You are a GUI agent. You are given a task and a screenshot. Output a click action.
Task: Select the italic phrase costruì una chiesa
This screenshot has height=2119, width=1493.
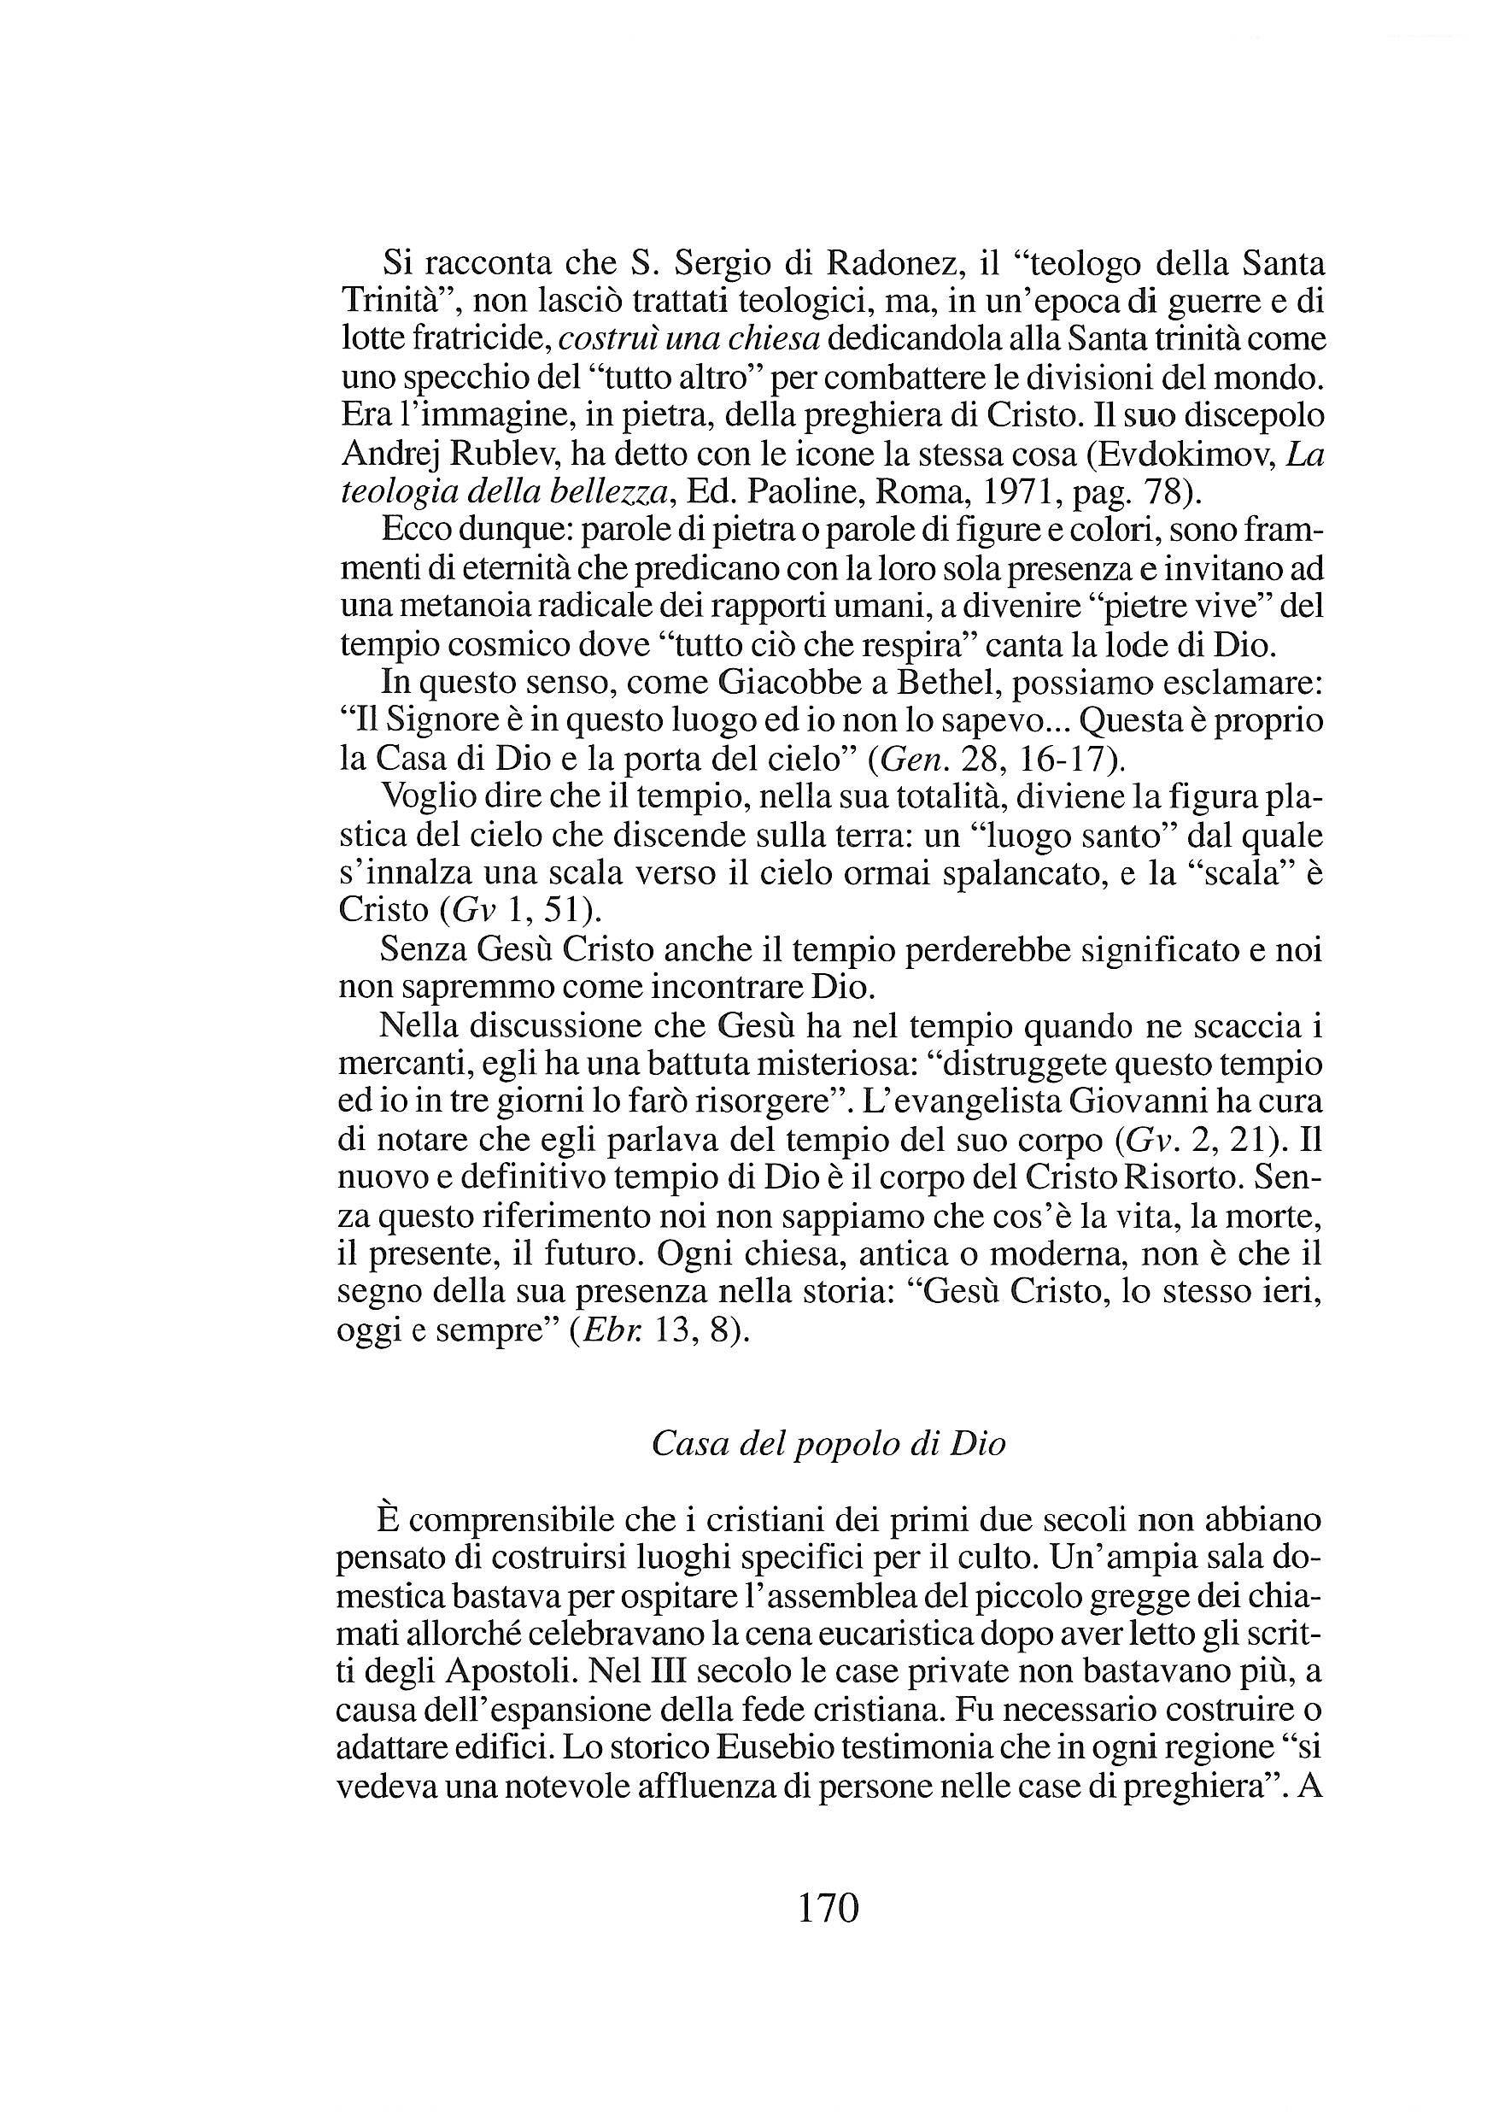[x=689, y=339]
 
